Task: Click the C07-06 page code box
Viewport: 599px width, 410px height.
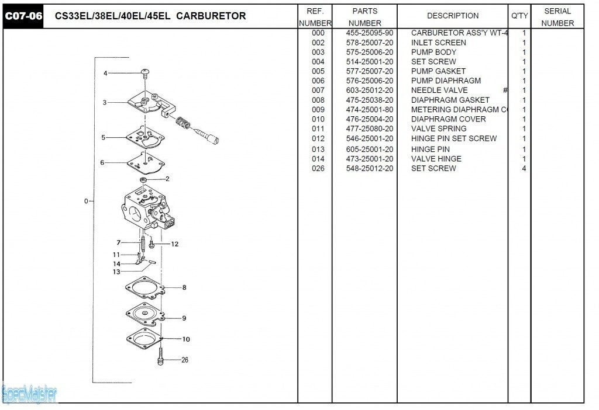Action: [23, 16]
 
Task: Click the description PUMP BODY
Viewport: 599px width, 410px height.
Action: [433, 52]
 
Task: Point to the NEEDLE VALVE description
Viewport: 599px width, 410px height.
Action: [439, 90]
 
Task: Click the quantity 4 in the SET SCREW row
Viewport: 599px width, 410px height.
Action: [524, 168]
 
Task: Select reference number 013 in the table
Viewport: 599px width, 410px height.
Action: [318, 149]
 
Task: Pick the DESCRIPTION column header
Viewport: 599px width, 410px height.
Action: [452, 16]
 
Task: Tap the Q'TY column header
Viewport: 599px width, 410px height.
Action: [519, 16]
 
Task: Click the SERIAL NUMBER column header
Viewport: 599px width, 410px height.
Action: [557, 17]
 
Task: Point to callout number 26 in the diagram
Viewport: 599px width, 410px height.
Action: [185, 360]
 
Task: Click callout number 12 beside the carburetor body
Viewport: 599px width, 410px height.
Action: [174, 244]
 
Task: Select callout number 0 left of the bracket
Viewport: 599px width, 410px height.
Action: [86, 201]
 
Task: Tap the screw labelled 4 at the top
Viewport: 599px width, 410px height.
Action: [144, 73]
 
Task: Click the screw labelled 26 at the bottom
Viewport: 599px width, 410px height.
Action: [159, 357]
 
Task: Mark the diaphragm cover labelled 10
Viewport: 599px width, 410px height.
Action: [142, 337]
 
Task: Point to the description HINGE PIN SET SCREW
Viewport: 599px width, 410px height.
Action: [453, 138]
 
